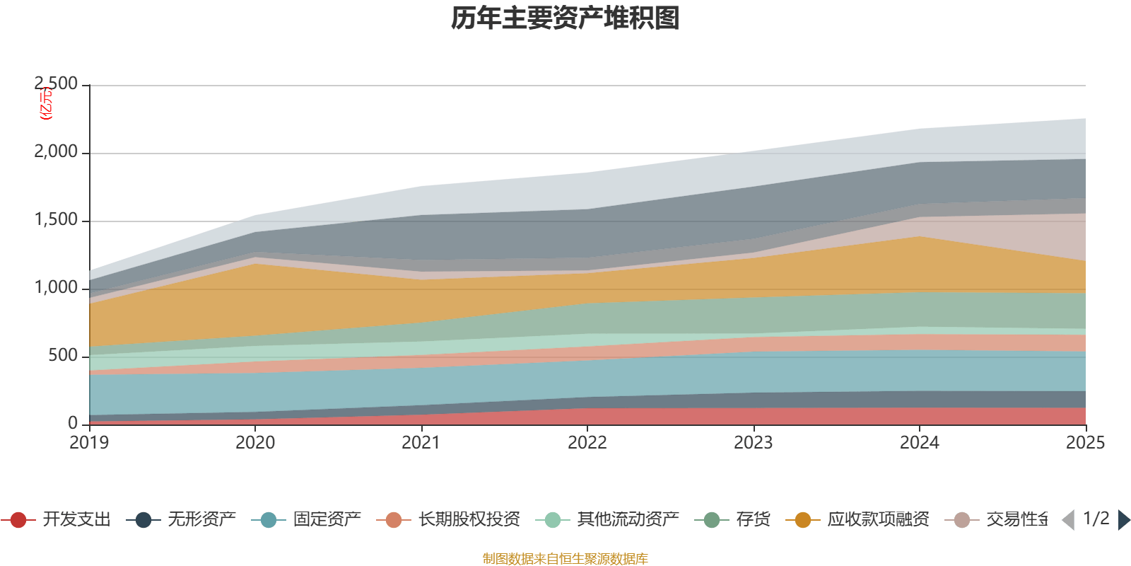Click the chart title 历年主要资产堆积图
565,19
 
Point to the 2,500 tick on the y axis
57,84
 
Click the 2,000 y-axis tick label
57,152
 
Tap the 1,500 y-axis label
57,220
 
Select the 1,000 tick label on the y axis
57,288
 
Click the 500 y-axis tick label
63,356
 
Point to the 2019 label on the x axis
89,443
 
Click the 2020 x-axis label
255,443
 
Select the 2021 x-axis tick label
421,443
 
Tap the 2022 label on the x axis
587,443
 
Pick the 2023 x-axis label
754,443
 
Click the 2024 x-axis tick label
919,443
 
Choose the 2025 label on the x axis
1085,443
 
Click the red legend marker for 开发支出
18,520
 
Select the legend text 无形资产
202,520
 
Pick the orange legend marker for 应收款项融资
803,520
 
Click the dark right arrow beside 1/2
1123,520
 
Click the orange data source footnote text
565,559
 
